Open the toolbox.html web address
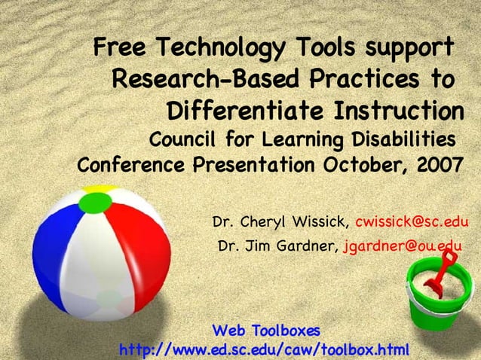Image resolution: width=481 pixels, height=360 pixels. pyautogui.click(x=264, y=349)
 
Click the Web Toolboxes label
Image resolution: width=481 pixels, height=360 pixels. pyautogui.click(x=267, y=331)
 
